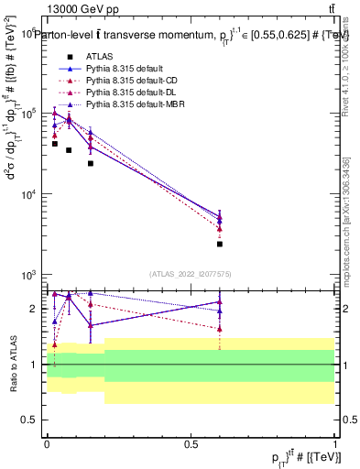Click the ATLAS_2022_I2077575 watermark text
[x=191, y=273]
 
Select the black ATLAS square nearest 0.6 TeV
[x=220, y=244]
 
